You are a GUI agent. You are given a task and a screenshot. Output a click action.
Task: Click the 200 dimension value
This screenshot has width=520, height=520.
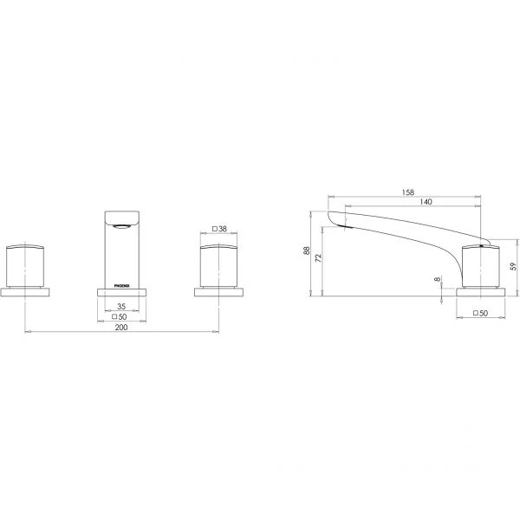coord(121,328)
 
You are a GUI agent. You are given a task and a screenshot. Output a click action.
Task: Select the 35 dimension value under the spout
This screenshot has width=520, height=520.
coord(121,307)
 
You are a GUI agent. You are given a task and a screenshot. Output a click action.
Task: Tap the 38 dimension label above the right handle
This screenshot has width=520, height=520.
coord(223,229)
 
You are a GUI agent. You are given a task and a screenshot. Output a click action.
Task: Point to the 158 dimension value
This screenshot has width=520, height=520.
coord(408,192)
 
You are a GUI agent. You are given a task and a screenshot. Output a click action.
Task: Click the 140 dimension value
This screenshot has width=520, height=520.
coord(426,201)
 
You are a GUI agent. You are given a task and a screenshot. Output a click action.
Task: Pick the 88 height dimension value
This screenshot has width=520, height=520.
coord(307,250)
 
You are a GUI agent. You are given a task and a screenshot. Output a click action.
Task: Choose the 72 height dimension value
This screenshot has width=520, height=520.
coord(318,258)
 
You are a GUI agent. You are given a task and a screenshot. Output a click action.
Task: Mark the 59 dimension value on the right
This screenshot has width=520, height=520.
coord(514,266)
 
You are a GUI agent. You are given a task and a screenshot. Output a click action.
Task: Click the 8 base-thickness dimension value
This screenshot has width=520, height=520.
coord(438,279)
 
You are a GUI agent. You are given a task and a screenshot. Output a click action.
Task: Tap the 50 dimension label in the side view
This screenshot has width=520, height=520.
coord(484,313)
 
